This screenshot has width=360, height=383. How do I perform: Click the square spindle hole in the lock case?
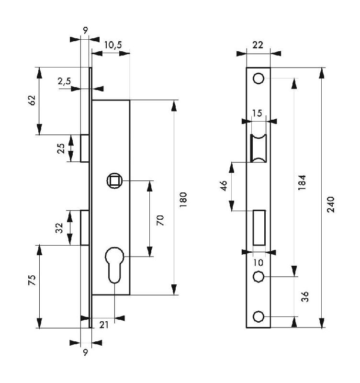tap(115, 181)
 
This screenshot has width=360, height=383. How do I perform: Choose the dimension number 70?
tap(160, 220)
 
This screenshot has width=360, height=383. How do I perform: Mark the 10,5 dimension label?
tap(112, 45)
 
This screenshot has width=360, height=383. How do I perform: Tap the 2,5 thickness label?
tap(64, 81)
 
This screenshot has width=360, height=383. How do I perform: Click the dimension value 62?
tap(32, 100)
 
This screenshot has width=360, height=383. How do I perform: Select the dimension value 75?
tap(32, 280)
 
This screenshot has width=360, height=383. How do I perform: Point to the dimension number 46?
tap(224, 186)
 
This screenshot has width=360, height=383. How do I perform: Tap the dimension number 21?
tap(104, 325)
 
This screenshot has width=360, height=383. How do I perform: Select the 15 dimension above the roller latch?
tap(257, 113)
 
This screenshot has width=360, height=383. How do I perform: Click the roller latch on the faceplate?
tap(259, 148)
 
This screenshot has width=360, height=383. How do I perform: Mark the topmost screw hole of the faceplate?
tap(259, 78)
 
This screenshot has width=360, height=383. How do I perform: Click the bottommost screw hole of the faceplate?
tap(259, 316)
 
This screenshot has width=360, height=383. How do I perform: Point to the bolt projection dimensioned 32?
tap(85, 228)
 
